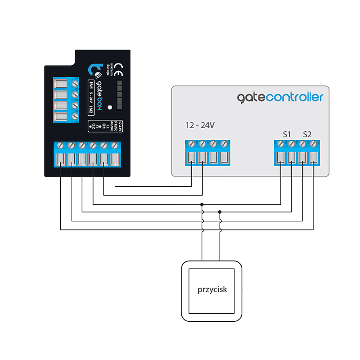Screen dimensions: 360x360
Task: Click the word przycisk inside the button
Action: click(212, 289)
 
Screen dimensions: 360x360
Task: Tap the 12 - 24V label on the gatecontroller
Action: click(200, 126)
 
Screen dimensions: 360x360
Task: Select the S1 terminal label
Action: click(287, 134)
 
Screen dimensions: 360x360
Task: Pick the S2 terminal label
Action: click(307, 134)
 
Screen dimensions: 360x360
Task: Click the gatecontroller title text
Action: click(280, 97)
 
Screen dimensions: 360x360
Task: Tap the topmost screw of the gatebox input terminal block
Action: click(76, 84)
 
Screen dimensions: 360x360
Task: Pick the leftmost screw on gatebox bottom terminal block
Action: click(60, 145)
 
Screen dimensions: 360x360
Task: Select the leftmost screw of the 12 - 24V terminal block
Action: click(192, 144)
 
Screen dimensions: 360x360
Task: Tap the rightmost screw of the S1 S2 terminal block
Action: click(313, 144)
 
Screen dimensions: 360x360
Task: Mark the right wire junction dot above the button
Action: click(220, 212)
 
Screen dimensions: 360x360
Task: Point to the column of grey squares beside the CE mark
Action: click(119, 95)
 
